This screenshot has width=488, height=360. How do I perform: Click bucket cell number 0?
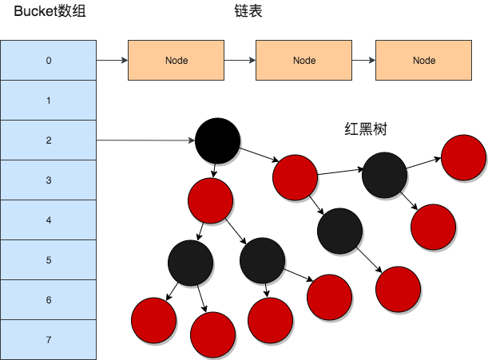pos(49,60)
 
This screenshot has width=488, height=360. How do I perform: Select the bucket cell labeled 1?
pos(49,101)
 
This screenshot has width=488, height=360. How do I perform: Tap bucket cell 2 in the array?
pos(49,140)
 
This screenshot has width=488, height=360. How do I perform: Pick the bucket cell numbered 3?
pos(49,180)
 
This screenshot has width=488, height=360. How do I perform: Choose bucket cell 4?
pos(49,220)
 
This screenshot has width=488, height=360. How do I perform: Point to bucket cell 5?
pos(49,260)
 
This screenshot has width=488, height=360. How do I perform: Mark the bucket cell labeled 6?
pos(49,300)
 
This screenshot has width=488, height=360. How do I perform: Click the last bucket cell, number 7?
pos(49,340)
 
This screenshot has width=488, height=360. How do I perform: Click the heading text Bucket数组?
pos(50,12)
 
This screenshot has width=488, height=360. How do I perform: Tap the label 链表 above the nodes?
pos(248,12)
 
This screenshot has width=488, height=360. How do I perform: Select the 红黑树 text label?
pos(366,129)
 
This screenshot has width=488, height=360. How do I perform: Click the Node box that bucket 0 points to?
pos(177,60)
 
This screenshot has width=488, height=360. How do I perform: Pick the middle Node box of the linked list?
pos(304,60)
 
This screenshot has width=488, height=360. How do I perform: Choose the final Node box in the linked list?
pos(424,60)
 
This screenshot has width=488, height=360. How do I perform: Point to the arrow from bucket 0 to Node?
pos(112,60)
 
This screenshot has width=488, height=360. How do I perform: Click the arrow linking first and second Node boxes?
pos(240,60)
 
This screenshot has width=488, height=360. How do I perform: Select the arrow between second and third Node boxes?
pos(364,60)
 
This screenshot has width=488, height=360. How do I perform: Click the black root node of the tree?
pos(217,140)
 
